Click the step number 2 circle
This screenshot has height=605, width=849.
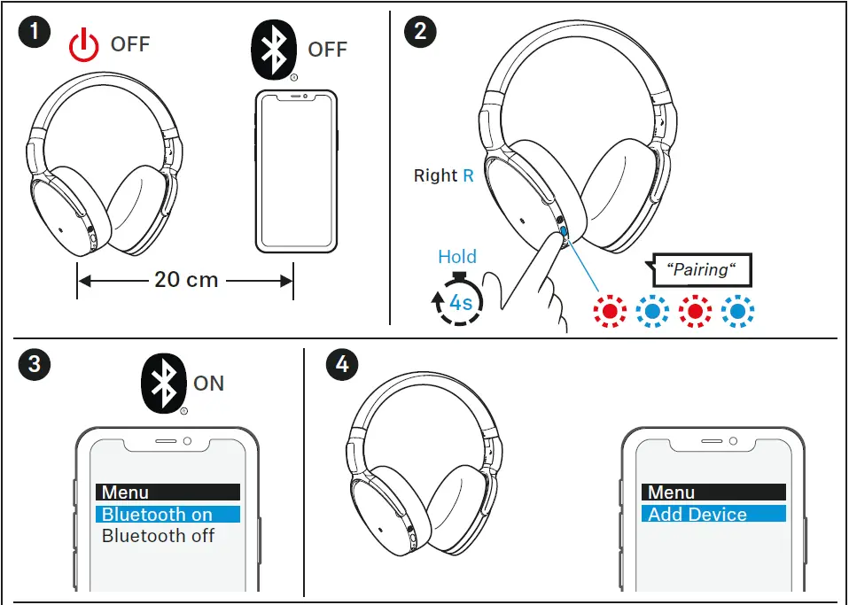click(x=419, y=33)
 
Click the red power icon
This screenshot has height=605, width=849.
click(x=84, y=45)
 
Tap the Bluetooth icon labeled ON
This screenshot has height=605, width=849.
click(x=163, y=383)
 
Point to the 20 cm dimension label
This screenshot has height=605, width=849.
click(x=185, y=279)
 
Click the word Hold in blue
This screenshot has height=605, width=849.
click(x=457, y=257)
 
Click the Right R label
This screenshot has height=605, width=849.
click(x=443, y=176)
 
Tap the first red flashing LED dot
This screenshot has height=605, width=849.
click(x=609, y=311)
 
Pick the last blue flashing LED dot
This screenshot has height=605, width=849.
click(x=737, y=311)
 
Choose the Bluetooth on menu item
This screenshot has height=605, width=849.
click(x=167, y=515)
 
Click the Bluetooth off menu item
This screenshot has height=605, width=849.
click(x=158, y=536)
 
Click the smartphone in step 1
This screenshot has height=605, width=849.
click(x=297, y=171)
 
